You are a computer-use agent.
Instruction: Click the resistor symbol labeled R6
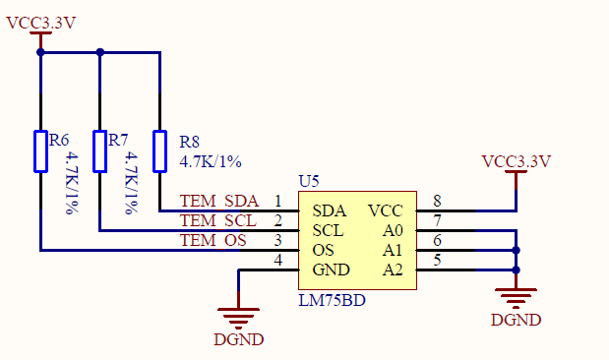click(40, 150)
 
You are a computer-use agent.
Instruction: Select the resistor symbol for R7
click(99, 150)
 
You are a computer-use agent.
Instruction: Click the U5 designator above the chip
click(309, 182)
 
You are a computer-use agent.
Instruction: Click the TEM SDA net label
click(218, 202)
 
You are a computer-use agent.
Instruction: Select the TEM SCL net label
click(218, 221)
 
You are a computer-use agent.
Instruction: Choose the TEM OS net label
click(213, 241)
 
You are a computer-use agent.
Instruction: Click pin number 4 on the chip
click(278, 260)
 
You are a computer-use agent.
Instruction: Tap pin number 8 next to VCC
click(436, 202)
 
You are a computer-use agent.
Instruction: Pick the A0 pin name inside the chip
click(392, 230)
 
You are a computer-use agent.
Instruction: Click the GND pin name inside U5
click(331, 270)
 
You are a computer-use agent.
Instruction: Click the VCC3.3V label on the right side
click(517, 161)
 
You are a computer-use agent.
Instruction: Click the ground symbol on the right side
click(516, 295)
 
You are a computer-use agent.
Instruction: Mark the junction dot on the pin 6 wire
click(516, 250)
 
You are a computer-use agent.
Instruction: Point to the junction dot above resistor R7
click(99, 52)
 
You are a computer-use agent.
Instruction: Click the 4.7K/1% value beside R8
click(211, 160)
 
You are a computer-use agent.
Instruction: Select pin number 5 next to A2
click(436, 261)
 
